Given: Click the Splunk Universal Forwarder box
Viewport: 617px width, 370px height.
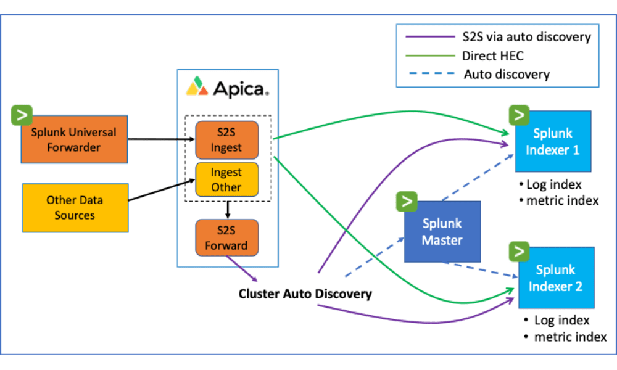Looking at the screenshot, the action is pos(74,139).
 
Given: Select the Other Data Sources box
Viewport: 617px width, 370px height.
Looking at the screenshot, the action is pos(75,208).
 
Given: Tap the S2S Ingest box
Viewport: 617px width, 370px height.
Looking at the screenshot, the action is pos(226,140).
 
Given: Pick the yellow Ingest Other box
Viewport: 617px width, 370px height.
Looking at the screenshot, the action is pos(226,179).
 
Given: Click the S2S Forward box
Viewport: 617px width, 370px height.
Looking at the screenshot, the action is pos(226,237).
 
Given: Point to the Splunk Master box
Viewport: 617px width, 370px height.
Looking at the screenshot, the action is pos(442,232).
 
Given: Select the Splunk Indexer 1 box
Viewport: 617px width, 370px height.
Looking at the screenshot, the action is pos(553,141).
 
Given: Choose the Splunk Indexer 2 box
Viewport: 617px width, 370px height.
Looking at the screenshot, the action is pos(556,277).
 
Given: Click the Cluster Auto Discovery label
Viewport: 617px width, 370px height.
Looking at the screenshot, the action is pos(305,294).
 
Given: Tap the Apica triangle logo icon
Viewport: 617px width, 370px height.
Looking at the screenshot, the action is pos(197,86).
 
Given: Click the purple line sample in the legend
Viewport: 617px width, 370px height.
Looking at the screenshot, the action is pos(430,36).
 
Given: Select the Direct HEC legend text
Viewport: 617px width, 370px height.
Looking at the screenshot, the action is pos(492,56).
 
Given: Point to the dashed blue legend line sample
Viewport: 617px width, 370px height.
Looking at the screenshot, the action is pos(432,73).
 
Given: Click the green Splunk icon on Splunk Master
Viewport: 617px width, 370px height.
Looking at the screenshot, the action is pos(407,202).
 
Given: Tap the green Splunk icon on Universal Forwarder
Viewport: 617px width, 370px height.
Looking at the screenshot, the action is pos(22,115).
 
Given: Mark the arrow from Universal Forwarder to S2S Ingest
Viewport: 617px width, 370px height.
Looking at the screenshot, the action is pos(161,139).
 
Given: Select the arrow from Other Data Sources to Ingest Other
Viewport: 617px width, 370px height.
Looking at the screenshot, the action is pos(162,190).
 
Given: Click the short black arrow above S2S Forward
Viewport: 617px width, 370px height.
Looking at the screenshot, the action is pos(228,210).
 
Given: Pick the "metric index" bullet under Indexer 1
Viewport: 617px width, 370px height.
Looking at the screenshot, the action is pos(559,200).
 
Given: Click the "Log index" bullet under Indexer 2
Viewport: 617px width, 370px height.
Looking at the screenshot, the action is pos(557,320).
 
